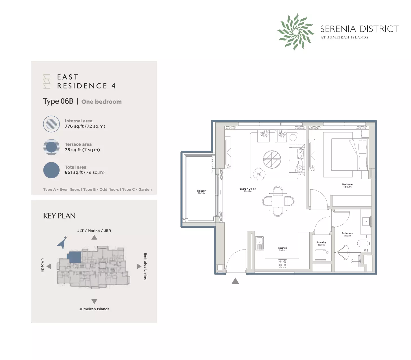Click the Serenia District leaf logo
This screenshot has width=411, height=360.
296,32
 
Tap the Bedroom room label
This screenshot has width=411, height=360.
347,185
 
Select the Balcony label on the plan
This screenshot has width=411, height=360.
201,191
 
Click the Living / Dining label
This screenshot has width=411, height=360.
248,189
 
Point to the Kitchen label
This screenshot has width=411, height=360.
282,248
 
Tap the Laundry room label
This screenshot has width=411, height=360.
321,243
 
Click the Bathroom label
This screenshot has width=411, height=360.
347,234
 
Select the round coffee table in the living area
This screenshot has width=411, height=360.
272,159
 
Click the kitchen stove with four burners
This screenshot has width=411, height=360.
283,263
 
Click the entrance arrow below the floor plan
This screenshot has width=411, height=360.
235,281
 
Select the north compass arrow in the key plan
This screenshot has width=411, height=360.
62,243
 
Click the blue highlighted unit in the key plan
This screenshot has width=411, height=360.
75,257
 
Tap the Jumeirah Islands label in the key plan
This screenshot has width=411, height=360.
94,309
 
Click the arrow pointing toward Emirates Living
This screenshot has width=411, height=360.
139,266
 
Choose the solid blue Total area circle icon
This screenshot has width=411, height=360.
51,170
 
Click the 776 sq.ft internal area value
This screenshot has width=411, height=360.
74,126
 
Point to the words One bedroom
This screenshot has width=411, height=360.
101,102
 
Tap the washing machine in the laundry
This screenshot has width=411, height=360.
321,255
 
